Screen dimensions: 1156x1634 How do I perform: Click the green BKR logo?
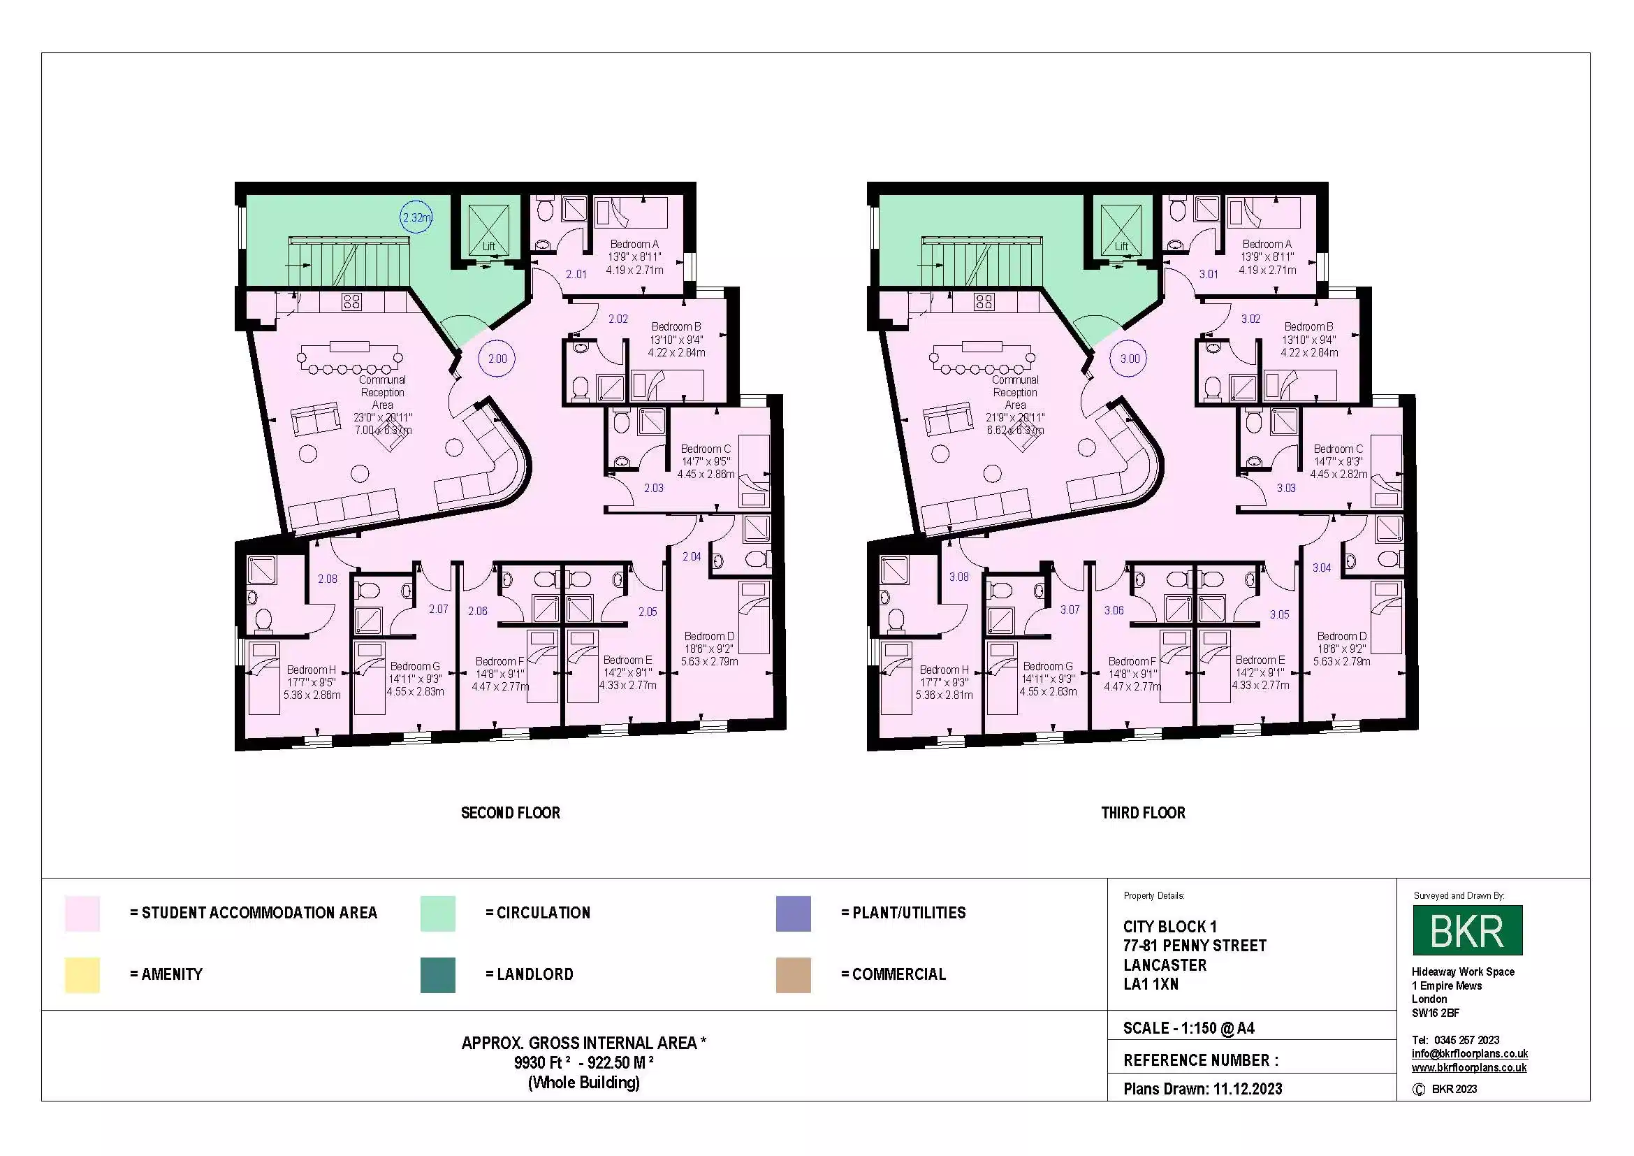(x=1467, y=930)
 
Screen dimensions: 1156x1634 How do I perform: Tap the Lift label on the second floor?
(x=489, y=246)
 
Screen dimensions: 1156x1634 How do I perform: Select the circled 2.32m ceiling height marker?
(x=416, y=218)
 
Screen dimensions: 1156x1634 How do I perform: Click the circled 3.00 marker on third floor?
(x=1130, y=359)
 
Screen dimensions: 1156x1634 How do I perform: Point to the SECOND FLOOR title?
(x=510, y=813)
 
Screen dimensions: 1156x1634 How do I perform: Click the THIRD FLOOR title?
(x=1143, y=813)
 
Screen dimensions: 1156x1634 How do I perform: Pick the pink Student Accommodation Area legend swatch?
(x=82, y=913)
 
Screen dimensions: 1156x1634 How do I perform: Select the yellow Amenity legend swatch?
(x=82, y=974)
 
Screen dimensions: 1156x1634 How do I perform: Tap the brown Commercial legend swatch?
(x=793, y=974)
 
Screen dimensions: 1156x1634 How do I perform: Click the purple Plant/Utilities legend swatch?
(x=793, y=913)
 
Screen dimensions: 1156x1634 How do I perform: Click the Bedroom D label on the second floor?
(x=709, y=637)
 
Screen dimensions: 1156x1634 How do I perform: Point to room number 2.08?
(x=328, y=579)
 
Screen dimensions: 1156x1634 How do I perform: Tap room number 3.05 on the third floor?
(x=1279, y=614)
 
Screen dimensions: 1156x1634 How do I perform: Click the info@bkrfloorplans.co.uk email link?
(x=1469, y=1053)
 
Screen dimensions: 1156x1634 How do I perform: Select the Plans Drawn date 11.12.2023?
(x=1247, y=1089)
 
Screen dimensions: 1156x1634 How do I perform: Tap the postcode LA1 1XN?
(x=1151, y=985)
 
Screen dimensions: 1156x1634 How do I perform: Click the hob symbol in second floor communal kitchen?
(x=351, y=302)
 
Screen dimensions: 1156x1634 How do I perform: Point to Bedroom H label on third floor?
(x=944, y=670)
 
